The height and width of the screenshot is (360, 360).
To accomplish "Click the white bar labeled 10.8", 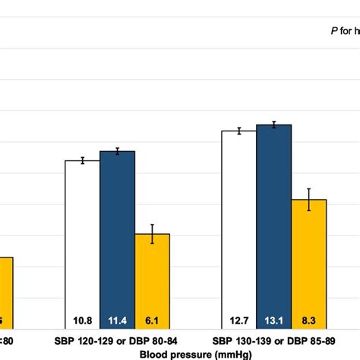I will pos(82,243).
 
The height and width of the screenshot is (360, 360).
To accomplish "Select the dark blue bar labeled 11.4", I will pos(117,235).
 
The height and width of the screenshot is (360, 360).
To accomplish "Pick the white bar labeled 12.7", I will pos(238,228).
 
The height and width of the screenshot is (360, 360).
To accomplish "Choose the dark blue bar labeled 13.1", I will pos(273,224).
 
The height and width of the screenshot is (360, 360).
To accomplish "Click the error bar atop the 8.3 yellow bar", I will pos(308,199).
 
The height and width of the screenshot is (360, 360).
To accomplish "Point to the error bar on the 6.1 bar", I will pos(152,234).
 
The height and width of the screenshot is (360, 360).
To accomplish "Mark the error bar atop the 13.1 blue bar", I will pos(273,124).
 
